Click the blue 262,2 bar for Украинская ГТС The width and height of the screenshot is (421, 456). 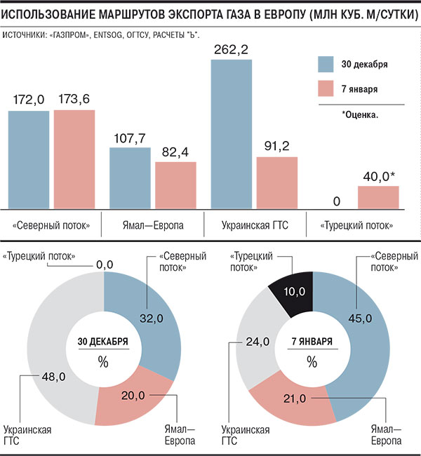232,133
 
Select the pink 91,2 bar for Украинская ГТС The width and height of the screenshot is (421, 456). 276,182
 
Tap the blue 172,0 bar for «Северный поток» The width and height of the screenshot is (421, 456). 29,160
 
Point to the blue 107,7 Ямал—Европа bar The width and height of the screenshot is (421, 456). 130,177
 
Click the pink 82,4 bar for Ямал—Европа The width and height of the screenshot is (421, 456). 175,185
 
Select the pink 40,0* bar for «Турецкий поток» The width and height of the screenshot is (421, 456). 378,197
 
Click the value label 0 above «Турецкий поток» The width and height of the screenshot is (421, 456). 337,203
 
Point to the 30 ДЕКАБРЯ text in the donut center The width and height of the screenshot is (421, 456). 102,342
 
